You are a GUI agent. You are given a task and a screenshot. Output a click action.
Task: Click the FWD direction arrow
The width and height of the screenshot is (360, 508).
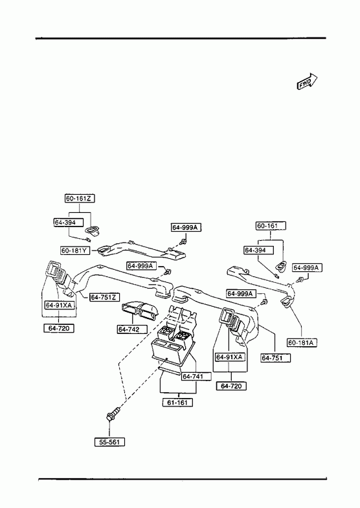(x=307, y=81)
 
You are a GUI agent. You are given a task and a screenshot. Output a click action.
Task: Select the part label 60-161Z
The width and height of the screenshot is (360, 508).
(x=80, y=198)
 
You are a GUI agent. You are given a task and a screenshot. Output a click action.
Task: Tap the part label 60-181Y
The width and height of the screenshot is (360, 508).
(x=75, y=250)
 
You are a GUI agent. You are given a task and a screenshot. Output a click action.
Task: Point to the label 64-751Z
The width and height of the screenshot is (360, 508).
(x=105, y=297)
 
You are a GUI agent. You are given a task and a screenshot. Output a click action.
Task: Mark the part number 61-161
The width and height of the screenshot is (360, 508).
(x=177, y=403)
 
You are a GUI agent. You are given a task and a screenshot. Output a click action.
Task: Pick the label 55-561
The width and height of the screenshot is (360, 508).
(x=109, y=442)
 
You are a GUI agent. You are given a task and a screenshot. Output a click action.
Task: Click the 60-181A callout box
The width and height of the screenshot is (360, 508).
(x=302, y=342)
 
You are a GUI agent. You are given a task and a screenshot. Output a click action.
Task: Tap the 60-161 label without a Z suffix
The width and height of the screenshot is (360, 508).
(x=271, y=226)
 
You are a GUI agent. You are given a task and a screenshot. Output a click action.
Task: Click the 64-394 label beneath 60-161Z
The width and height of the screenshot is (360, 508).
(x=69, y=222)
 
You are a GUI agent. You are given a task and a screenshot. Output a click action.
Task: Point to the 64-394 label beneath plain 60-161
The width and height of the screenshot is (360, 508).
(x=258, y=250)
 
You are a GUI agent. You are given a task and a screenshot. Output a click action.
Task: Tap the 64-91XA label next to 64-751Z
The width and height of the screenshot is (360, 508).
(x=60, y=305)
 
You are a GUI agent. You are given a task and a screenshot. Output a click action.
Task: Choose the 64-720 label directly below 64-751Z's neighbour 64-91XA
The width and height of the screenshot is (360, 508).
(x=59, y=328)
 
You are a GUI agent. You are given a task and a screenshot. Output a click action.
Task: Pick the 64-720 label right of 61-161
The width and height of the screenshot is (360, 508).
(x=231, y=386)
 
